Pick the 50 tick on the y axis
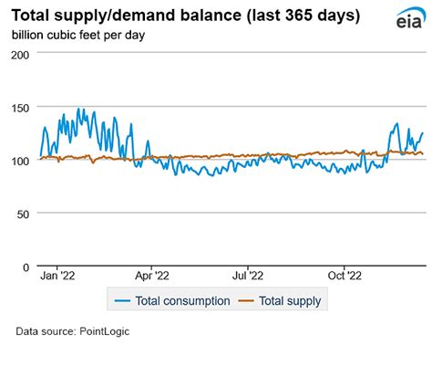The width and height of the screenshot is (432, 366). pos(25,214)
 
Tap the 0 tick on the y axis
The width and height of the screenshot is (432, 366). pos(28,267)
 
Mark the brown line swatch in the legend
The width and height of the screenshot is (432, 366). pos(243,300)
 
